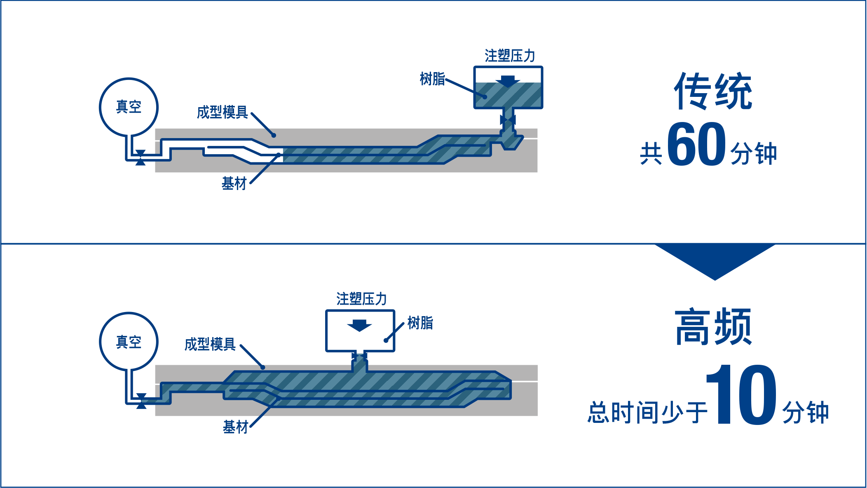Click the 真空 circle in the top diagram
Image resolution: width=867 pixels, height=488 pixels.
coord(129,107)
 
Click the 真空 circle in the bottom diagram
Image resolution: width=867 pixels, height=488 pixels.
coord(129,342)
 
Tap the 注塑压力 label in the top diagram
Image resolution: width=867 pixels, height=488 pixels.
coord(510,56)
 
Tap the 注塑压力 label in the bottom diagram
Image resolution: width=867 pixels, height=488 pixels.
coord(361,299)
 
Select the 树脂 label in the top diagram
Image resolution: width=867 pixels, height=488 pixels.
coord(432,79)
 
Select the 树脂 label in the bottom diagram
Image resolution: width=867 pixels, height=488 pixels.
coord(420,323)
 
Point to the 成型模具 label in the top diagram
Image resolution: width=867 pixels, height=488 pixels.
coord(222,112)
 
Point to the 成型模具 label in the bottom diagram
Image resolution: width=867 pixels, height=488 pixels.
coord(210,344)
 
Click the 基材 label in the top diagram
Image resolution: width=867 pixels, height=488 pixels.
coord(234,183)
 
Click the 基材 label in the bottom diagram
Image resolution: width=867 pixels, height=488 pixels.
coord(235,427)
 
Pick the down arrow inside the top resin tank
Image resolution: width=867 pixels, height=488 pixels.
coord(508,81)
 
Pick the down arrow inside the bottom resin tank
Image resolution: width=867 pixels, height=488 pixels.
coord(359,325)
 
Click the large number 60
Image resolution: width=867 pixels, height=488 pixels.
coord(696,144)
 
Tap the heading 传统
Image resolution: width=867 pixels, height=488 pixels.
coord(713,91)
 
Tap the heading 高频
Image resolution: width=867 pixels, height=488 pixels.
coord(713,327)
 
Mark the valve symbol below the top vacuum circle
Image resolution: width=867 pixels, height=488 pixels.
coord(140,157)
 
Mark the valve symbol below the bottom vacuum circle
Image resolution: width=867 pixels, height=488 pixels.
coord(141,401)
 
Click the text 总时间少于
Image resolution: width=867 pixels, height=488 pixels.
coord(647,412)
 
